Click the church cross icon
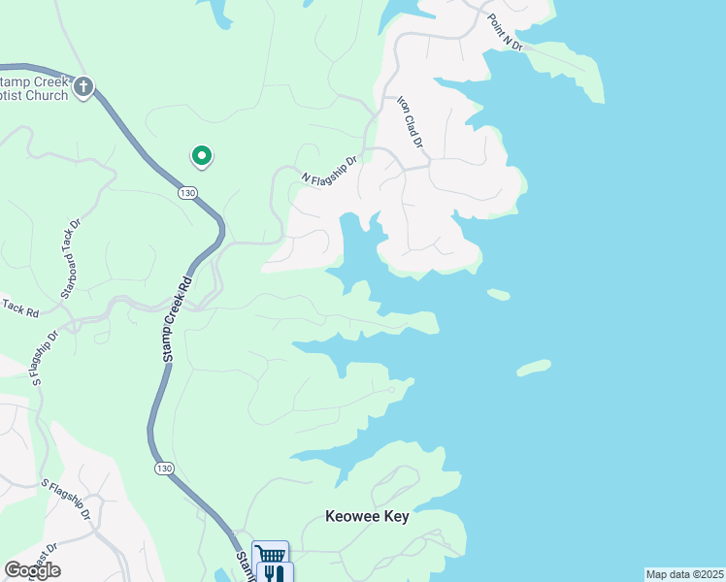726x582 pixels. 83,88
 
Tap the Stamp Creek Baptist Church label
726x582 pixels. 34,88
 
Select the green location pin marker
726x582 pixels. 202,155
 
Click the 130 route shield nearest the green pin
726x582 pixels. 188,193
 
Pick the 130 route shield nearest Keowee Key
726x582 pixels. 164,469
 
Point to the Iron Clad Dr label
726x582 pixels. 412,122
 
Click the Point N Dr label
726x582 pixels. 505,33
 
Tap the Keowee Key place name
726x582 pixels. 367,517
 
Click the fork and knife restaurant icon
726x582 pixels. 272,573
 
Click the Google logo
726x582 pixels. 32,570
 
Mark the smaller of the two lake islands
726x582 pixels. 499,294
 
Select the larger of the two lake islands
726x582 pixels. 534,368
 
